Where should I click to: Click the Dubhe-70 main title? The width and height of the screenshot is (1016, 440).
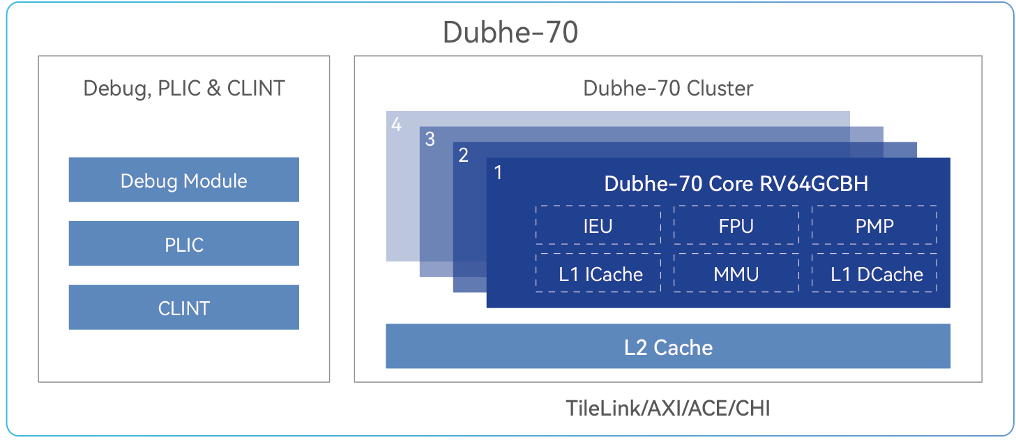(x=510, y=32)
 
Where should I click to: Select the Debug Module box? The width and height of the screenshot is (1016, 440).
(x=183, y=180)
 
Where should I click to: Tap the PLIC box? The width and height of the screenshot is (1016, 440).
(x=183, y=243)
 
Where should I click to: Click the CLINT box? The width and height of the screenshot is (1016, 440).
(x=183, y=307)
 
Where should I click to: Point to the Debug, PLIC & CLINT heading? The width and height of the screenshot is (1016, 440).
(x=184, y=89)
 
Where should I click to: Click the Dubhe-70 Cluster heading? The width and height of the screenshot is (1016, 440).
(x=667, y=88)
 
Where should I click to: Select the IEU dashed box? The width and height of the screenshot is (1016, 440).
(x=598, y=225)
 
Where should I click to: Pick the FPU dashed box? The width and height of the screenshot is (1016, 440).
(x=736, y=225)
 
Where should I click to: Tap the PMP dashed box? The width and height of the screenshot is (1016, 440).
(x=874, y=225)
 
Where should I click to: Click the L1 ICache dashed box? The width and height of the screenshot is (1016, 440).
(x=598, y=273)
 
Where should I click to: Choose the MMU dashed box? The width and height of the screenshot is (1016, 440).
(x=736, y=273)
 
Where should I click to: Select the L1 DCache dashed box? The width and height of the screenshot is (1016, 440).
(x=874, y=273)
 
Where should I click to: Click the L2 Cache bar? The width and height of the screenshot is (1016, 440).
(x=668, y=346)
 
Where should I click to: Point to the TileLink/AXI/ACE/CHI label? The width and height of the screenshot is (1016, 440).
(x=667, y=408)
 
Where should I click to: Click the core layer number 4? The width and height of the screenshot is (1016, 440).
(x=396, y=124)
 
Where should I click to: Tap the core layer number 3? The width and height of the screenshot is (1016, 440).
(x=430, y=139)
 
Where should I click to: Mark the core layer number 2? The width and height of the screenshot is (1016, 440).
(x=463, y=155)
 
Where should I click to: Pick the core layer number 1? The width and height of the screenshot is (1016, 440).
(x=498, y=172)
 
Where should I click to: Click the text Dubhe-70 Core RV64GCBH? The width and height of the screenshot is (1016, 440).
(x=736, y=183)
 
